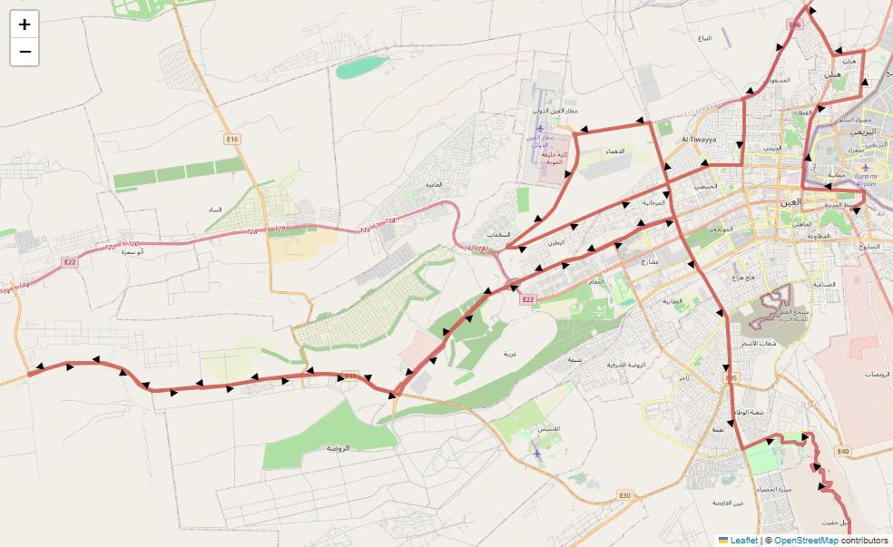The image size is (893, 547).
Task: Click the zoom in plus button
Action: click(25, 24)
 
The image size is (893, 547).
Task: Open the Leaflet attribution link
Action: click(744, 540)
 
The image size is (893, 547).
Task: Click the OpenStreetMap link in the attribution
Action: click(806, 540)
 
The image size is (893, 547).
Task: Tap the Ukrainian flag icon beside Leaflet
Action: click(723, 540)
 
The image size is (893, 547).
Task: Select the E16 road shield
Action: click(232, 139)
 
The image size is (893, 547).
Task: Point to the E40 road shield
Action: click(843, 451)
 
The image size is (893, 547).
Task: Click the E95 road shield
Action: click(731, 377)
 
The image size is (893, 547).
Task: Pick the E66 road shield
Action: click(795, 25)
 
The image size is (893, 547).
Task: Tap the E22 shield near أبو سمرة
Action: click(70, 262)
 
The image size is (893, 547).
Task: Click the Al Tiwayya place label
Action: click(699, 140)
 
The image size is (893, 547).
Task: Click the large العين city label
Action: click(790, 202)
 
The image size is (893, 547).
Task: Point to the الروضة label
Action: click(343, 448)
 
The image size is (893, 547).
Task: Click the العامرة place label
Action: click(433, 184)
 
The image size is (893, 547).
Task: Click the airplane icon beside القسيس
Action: click(536, 453)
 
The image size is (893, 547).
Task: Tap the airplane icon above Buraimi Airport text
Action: click(865, 167)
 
